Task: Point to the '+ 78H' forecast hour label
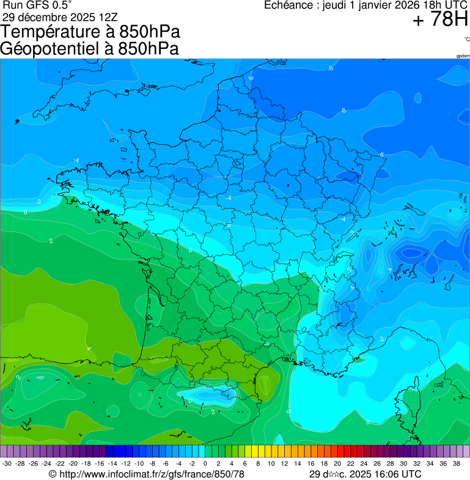coord(440,20)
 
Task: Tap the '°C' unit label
coord(466,39)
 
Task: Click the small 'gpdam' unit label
coord(463,56)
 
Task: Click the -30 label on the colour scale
coord(7,464)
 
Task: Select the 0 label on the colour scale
coord(205,464)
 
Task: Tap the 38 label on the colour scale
coord(456,464)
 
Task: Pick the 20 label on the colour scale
coord(337,464)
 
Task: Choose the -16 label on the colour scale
coord(99,464)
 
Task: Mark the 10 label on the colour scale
coord(271,464)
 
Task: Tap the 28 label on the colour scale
coord(390,464)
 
